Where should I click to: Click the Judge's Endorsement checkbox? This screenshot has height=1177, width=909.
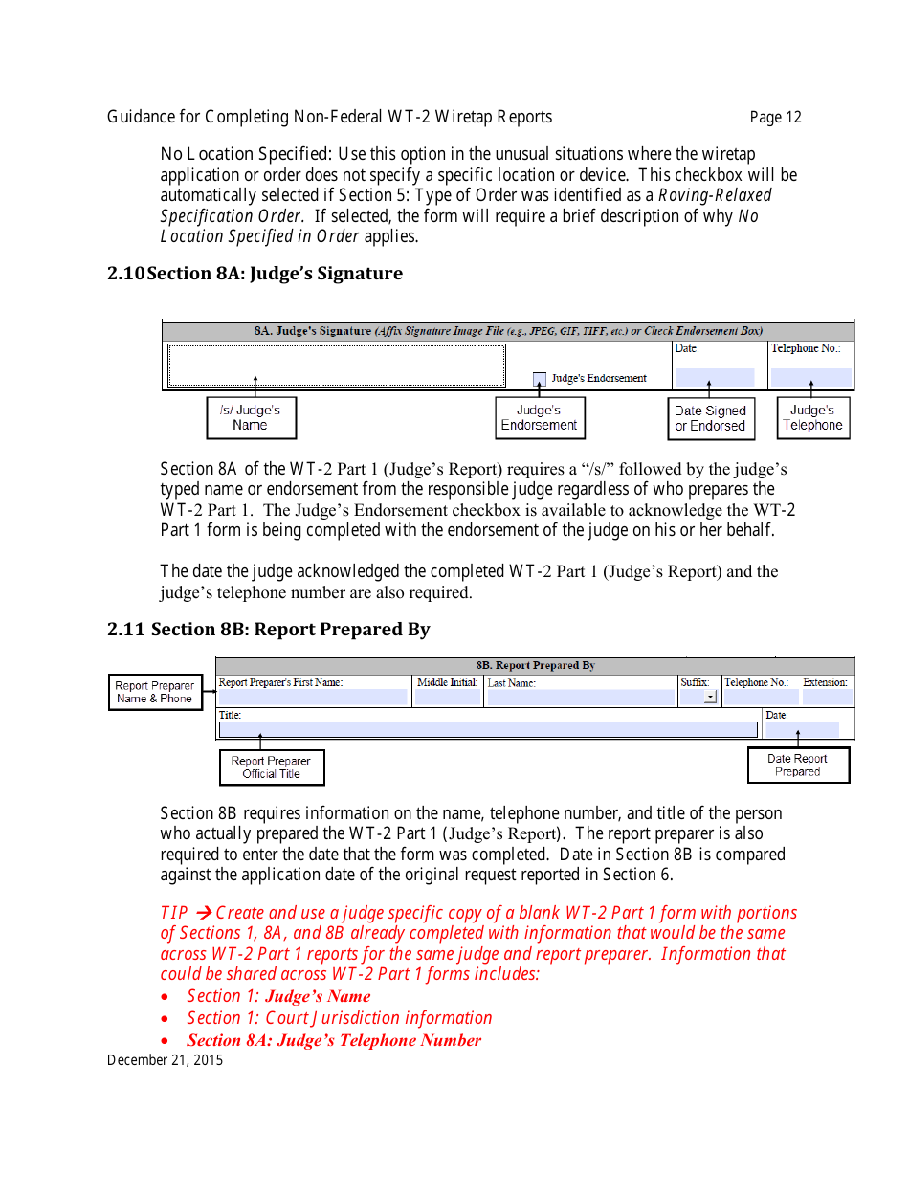(x=540, y=379)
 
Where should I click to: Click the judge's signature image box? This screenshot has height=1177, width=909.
(x=336, y=366)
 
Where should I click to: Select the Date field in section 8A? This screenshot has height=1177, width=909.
(x=714, y=377)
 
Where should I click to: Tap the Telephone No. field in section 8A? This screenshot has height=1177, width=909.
(x=810, y=377)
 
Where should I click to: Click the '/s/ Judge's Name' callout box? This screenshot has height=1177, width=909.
(x=251, y=418)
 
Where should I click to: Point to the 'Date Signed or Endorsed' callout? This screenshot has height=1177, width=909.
(x=710, y=418)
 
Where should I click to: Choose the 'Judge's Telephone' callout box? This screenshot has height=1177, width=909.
(x=812, y=418)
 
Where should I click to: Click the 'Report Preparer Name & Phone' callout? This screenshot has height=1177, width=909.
(x=155, y=692)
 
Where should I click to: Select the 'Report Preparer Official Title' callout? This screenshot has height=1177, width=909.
(x=271, y=767)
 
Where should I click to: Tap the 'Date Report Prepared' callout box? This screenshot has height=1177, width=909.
(x=798, y=765)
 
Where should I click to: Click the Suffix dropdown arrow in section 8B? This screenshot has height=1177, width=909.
(x=709, y=698)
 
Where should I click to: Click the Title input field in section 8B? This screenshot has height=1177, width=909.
(x=487, y=730)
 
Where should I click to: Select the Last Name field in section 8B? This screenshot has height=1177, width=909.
(x=579, y=698)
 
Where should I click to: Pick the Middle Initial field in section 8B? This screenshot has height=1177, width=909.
(x=447, y=698)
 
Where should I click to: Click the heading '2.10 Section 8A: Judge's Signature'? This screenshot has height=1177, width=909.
(x=255, y=274)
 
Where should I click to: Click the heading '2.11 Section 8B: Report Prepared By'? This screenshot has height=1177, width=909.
(x=268, y=630)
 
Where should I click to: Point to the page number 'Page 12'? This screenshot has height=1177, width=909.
(x=775, y=118)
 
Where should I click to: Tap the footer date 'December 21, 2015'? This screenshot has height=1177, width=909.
(x=165, y=1060)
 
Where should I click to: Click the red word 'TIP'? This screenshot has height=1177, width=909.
(x=174, y=913)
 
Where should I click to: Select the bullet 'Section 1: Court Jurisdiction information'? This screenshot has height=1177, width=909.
(x=340, y=1018)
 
